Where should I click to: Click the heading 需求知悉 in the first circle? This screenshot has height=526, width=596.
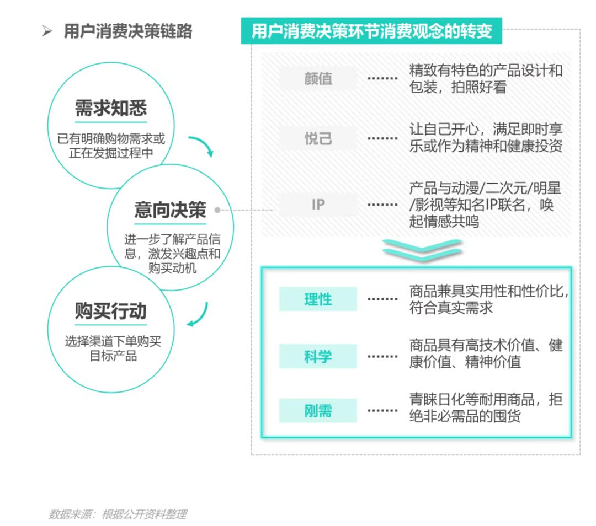[110, 108]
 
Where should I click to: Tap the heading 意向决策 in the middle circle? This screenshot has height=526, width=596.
[170, 210]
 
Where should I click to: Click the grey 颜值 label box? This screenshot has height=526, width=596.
[318, 78]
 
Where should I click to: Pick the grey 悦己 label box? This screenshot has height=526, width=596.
[318, 138]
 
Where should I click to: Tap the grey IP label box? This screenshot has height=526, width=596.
[318, 205]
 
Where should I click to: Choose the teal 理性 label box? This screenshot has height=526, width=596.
[318, 299]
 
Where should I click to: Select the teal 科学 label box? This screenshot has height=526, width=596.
[318, 356]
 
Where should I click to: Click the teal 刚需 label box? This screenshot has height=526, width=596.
[318, 411]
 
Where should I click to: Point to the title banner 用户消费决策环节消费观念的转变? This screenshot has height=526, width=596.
[371, 31]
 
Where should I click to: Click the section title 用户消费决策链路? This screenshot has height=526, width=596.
[128, 31]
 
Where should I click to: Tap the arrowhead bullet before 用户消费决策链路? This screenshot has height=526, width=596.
[47, 31]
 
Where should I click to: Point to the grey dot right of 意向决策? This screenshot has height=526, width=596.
[217, 210]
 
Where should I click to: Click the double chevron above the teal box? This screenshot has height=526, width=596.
[422, 250]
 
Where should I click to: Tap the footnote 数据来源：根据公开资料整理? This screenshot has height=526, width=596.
[118, 514]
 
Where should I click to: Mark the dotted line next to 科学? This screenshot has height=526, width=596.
[382, 357]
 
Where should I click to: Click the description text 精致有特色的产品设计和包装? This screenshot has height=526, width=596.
[486, 79]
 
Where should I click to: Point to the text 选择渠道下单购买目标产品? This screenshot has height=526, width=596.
[113, 348]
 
